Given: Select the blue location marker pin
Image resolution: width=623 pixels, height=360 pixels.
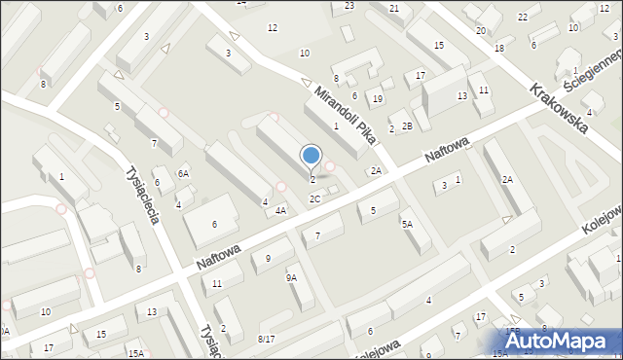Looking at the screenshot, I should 311,156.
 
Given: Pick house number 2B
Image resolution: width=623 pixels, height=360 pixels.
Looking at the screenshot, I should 408,126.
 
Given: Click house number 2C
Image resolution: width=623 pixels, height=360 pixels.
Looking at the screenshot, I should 314,198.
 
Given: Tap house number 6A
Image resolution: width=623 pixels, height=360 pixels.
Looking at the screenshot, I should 182,173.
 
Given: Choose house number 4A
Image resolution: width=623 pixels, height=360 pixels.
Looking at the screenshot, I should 280,210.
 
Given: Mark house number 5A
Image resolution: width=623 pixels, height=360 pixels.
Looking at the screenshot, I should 408,224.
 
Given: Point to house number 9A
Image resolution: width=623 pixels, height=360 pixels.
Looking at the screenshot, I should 291,277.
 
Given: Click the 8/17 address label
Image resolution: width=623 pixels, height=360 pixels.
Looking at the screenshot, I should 266,338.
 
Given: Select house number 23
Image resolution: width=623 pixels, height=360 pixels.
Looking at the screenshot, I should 349,6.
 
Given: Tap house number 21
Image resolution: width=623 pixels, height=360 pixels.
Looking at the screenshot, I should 394,9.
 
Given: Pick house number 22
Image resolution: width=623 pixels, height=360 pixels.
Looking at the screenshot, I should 523,18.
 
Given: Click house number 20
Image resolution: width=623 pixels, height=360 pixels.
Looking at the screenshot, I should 481,31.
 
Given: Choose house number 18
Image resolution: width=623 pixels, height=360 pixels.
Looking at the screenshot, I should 499,48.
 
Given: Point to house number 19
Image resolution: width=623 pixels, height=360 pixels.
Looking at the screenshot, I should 378,99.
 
